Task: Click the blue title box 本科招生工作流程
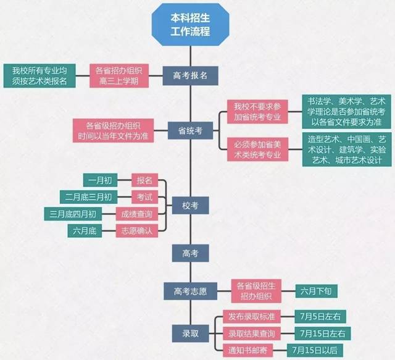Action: [191, 25]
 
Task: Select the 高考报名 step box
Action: [191, 75]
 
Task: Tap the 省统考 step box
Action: [191, 130]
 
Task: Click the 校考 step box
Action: [191, 206]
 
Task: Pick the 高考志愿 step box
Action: [191, 291]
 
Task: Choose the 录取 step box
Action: [191, 333]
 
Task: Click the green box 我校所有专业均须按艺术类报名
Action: [39, 75]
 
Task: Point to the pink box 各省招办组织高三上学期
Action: [119, 75]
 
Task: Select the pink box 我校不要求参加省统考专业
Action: [257, 112]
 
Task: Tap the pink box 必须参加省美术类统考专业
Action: [257, 149]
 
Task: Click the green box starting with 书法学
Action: [347, 112]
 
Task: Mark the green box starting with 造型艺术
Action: [347, 149]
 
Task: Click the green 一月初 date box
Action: [100, 180]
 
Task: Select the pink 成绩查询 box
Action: [137, 214]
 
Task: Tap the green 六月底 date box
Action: [85, 231]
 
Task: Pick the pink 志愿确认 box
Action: [137, 231]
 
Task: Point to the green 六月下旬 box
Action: [316, 291]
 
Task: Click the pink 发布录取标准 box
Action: [252, 317]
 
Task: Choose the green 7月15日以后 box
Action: [315, 350]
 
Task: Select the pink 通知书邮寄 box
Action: [248, 350]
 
